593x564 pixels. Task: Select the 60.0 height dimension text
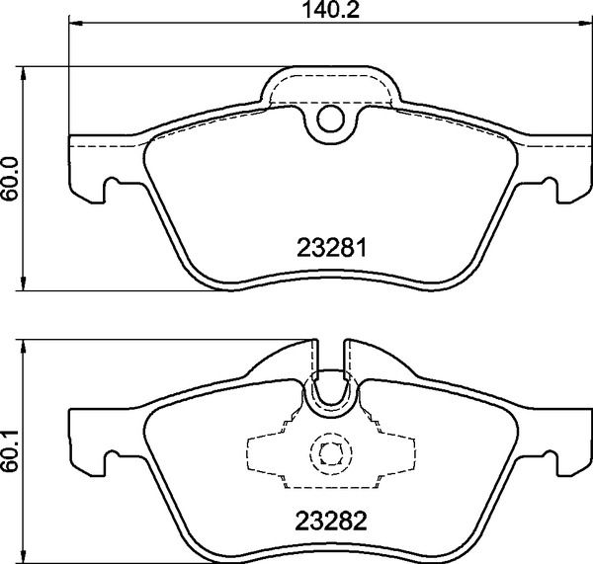coord(11,179)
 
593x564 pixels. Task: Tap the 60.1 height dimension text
coord(11,453)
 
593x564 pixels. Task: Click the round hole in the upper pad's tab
coord(330,121)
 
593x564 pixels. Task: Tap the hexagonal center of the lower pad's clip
coord(330,454)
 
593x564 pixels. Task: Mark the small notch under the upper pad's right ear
coord(547,184)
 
